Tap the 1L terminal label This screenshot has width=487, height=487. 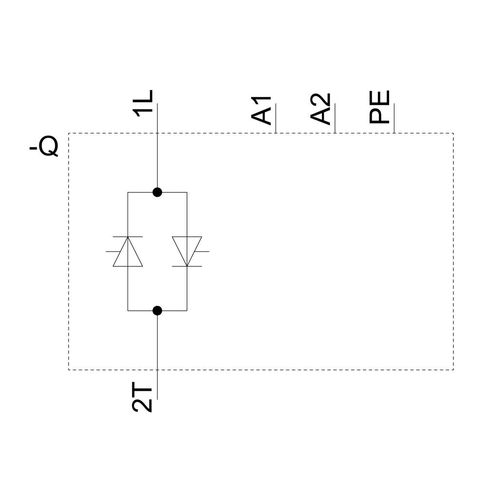click(143, 103)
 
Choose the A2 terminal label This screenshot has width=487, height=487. click(321, 109)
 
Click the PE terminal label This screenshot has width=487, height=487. click(380, 107)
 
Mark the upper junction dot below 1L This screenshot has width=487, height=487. click(157, 192)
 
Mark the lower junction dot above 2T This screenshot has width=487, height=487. click(157, 310)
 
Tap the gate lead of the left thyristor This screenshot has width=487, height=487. click(112, 251)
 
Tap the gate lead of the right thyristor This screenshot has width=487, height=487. click(202, 251)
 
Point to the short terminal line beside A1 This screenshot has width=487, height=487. click(276, 118)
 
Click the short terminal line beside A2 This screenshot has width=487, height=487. click(335, 118)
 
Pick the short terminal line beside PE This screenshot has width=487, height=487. click(394, 118)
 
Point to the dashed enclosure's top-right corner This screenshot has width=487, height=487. click(453, 133)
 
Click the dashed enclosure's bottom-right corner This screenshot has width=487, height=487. click(453, 370)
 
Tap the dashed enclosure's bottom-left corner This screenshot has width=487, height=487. click(69, 370)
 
